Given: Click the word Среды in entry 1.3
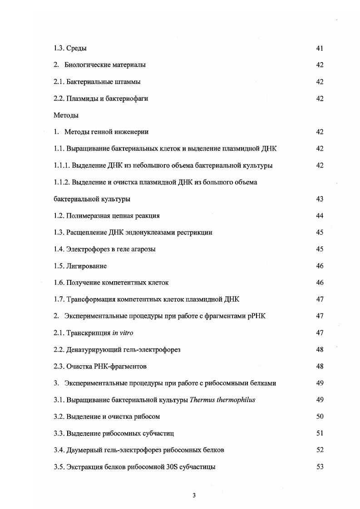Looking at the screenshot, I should coord(77,49).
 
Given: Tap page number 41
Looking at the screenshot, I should coord(320,49).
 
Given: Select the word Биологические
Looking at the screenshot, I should coord(86,65).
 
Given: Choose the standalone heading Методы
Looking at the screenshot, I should coord(66,115).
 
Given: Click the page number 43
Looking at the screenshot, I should coord(320,199).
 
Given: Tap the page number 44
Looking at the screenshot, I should coord(320,216).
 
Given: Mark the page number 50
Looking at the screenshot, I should coord(320,416).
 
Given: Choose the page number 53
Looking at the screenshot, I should coord(320,467).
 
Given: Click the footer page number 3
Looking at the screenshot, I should coord(194,495).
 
